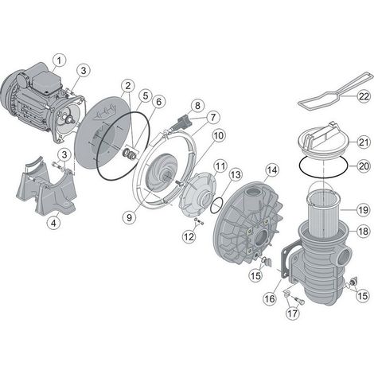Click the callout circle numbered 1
coord(59,60)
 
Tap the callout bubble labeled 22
coord(364,96)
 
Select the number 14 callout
coord(271,170)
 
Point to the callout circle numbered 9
coord(129,217)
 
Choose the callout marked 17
coord(293,314)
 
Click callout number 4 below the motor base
coord(53,224)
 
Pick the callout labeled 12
coord(189,236)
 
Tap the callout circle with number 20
coord(364,166)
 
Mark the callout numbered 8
coord(197,106)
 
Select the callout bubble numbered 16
coord(270,298)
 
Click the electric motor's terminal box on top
coord(46,80)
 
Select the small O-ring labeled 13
coord(217,205)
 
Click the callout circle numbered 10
coord(219,136)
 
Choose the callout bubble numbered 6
coord(158,102)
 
